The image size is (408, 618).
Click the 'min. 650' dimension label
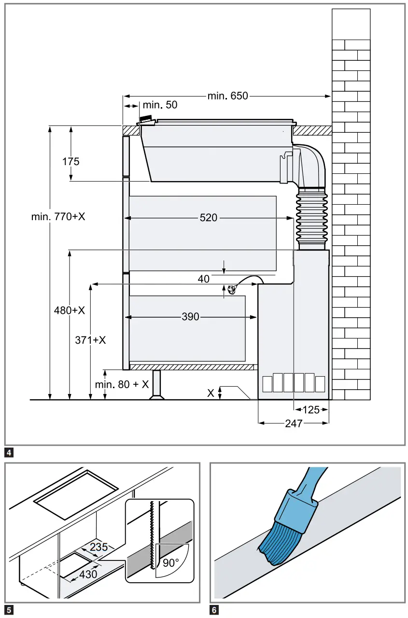click(227, 96)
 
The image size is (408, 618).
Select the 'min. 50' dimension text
click(160, 105)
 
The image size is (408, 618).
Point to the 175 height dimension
click(70, 161)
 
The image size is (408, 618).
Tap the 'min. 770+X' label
click(58, 217)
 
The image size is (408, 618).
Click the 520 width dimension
click(209, 218)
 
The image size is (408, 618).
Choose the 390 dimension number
click(190, 317)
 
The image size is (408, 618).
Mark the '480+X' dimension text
click(69, 310)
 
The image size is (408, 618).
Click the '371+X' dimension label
click(90, 340)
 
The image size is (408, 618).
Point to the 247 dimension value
click(294, 423)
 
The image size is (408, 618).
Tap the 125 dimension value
click(311, 410)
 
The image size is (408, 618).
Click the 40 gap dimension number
click(204, 279)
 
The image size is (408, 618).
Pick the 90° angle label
click(169, 562)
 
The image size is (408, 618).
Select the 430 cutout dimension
click(88, 574)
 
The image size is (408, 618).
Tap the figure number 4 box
click(9, 453)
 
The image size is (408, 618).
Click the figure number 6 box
click(214, 610)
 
